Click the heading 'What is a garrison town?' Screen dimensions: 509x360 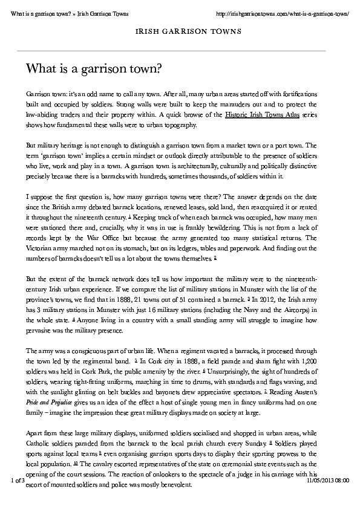(x=93, y=69)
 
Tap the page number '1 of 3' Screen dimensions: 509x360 (x=18, y=480)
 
